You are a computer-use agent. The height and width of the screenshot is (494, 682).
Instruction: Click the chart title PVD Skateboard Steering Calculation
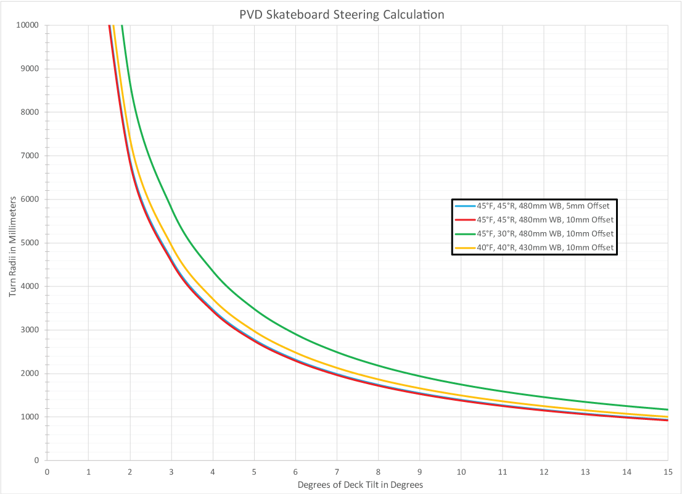(x=342, y=14)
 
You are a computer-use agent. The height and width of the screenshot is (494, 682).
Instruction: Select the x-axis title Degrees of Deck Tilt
(x=360, y=485)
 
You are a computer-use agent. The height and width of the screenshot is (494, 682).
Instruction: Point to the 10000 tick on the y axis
(x=27, y=25)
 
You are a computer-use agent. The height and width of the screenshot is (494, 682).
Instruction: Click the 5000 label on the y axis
(x=29, y=243)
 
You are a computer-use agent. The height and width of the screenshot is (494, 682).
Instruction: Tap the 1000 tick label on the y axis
(x=29, y=417)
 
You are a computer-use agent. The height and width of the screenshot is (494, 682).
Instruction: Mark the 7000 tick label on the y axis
(x=29, y=156)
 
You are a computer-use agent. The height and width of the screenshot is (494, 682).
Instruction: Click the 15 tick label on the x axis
(x=667, y=472)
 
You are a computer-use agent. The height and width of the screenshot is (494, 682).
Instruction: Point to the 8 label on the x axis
(x=378, y=472)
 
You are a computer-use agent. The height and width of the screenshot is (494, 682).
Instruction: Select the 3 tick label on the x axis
(x=171, y=472)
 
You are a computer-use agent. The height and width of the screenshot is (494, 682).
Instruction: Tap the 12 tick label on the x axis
(x=543, y=472)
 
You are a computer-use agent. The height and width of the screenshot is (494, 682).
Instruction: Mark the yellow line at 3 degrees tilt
(x=171, y=248)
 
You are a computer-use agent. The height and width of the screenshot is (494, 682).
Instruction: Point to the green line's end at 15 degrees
(x=667, y=409)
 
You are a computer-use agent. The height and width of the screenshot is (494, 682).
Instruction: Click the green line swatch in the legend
(x=464, y=234)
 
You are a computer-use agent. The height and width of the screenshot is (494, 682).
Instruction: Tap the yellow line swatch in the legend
(x=464, y=248)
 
